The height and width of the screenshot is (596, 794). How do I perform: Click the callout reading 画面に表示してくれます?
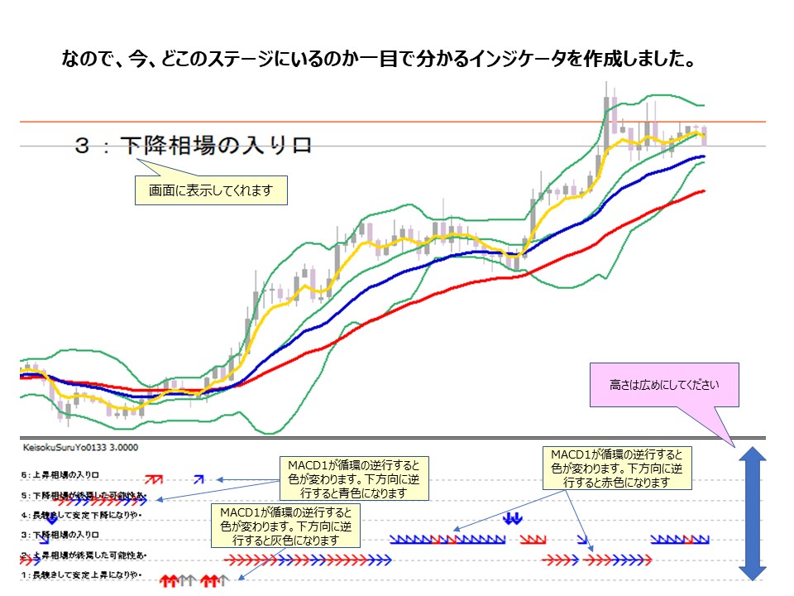point(213,191)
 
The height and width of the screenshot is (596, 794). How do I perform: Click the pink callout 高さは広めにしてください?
point(664,385)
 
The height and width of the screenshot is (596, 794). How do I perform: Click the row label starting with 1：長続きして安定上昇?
point(83,575)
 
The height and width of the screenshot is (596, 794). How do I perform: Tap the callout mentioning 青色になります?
point(353,478)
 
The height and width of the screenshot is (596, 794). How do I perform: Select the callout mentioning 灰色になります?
point(286,525)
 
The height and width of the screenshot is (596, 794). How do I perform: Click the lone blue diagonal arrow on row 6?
point(198,478)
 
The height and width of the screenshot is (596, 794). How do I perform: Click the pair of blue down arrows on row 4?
point(513,518)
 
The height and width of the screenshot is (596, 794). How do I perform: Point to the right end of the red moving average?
point(703,191)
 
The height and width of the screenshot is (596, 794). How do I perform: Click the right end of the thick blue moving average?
point(703,156)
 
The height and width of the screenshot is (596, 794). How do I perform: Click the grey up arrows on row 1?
point(188,580)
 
